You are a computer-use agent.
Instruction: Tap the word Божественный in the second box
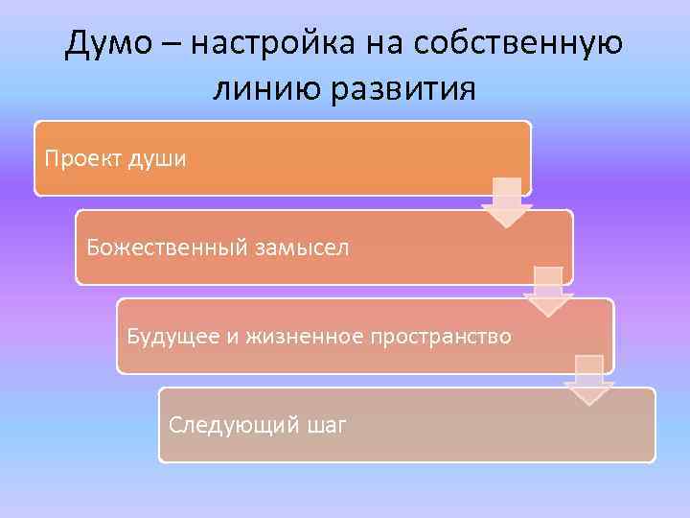point(165,247)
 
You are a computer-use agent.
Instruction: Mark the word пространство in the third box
point(445,337)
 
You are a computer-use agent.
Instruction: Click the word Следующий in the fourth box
point(224,425)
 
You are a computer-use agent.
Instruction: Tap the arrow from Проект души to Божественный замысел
point(506,202)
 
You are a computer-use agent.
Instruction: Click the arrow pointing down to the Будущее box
point(547,292)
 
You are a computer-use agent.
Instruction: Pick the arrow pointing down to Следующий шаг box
point(588,381)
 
